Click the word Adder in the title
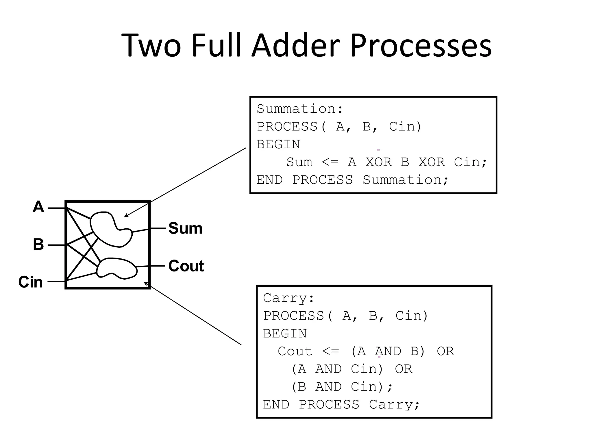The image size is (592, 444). [296, 46]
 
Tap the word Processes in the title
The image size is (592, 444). [421, 46]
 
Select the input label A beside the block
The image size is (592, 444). [38, 207]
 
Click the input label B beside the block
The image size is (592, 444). [38, 244]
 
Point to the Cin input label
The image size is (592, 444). [30, 282]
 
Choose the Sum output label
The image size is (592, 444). [185, 228]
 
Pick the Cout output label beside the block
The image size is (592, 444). [186, 266]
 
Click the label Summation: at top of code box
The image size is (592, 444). [300, 109]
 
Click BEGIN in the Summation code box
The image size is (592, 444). [278, 145]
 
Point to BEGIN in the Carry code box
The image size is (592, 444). [285, 334]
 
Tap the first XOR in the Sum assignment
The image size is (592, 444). [379, 162]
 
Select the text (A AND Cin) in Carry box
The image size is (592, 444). [337, 369]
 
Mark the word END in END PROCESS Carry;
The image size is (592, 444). [276, 405]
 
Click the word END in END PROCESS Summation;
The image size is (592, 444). [269, 180]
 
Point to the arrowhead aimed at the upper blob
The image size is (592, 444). [126, 216]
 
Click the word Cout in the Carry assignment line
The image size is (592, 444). [295, 351]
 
